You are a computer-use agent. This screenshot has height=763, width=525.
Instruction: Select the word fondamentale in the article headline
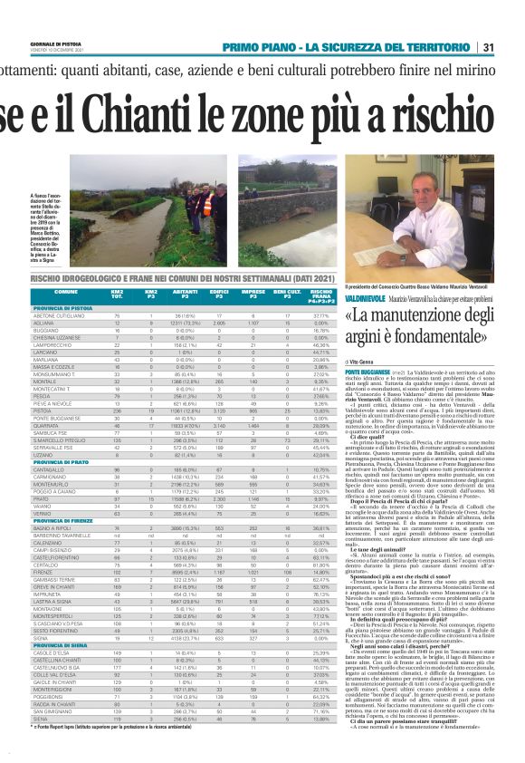point(436,336)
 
